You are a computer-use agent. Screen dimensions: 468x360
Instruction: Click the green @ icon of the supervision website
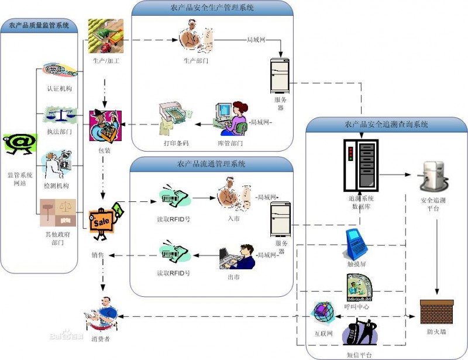coord(20,145)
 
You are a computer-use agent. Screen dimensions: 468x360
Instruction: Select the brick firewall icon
coord(436,312)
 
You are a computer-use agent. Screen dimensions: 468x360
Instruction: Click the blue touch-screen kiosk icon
coord(356,244)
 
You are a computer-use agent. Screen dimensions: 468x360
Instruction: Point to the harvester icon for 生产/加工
coord(106,36)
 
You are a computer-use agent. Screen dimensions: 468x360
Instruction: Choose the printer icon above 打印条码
coord(175,119)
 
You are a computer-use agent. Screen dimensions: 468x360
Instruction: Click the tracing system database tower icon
coord(361,165)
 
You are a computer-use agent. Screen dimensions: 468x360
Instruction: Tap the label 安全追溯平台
coord(433,204)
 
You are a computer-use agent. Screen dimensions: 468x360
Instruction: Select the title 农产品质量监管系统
coord(39,25)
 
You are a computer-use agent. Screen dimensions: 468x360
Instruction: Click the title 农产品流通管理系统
coord(211,164)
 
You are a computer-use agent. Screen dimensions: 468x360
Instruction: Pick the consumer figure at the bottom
coord(101,313)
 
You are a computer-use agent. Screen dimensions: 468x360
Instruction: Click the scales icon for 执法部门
coord(60,115)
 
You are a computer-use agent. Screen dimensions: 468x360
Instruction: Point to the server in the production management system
coord(280,76)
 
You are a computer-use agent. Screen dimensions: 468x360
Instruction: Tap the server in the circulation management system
coord(280,220)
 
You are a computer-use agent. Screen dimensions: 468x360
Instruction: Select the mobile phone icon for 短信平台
coord(360,332)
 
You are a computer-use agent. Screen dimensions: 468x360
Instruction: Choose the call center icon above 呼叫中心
coord(359,287)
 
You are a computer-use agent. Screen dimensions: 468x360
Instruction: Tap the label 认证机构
coord(60,88)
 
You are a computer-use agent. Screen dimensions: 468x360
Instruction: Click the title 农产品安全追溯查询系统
coord(386,124)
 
